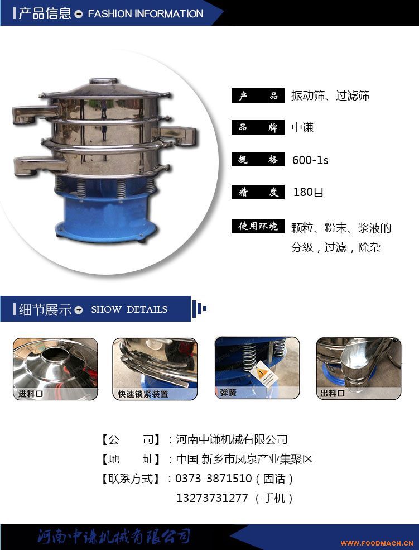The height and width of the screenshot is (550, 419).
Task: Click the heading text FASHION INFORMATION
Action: coord(146,13)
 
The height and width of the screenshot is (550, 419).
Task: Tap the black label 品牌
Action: coord(258,127)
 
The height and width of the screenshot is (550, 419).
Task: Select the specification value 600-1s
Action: coord(310,160)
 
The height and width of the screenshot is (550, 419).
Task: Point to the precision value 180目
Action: coord(309,192)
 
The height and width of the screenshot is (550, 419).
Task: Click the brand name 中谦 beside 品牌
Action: coord(302,127)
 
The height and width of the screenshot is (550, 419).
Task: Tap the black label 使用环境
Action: coord(258,226)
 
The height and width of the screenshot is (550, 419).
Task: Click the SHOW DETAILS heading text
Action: coord(129,309)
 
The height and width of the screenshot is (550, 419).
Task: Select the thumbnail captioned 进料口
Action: coord(55,369)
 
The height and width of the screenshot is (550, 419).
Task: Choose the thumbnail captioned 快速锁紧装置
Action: coord(155,369)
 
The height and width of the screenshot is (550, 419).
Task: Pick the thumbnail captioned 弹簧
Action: coord(257,368)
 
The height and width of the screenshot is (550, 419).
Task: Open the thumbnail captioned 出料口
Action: coord(359,369)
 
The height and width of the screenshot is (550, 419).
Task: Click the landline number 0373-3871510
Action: coord(213,479)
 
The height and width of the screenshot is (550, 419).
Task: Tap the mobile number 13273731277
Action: coord(212,498)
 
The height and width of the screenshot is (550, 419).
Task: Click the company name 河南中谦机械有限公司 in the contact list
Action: coord(232,439)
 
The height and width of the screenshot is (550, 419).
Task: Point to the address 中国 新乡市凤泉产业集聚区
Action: coord(244,459)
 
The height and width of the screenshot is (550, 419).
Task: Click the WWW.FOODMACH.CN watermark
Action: coord(377,543)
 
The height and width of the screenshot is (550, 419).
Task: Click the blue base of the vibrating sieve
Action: coord(105,215)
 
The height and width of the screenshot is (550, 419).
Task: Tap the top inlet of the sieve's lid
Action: coord(103,80)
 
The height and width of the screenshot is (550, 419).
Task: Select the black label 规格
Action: coord(258,160)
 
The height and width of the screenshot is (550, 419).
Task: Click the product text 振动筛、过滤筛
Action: coord(330,95)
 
